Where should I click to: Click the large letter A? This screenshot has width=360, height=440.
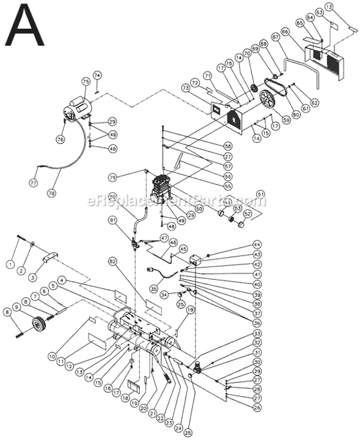24,26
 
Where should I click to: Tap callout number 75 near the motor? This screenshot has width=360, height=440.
86,83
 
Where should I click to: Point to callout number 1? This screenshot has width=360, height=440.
9,265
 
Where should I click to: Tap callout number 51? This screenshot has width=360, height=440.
261,194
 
